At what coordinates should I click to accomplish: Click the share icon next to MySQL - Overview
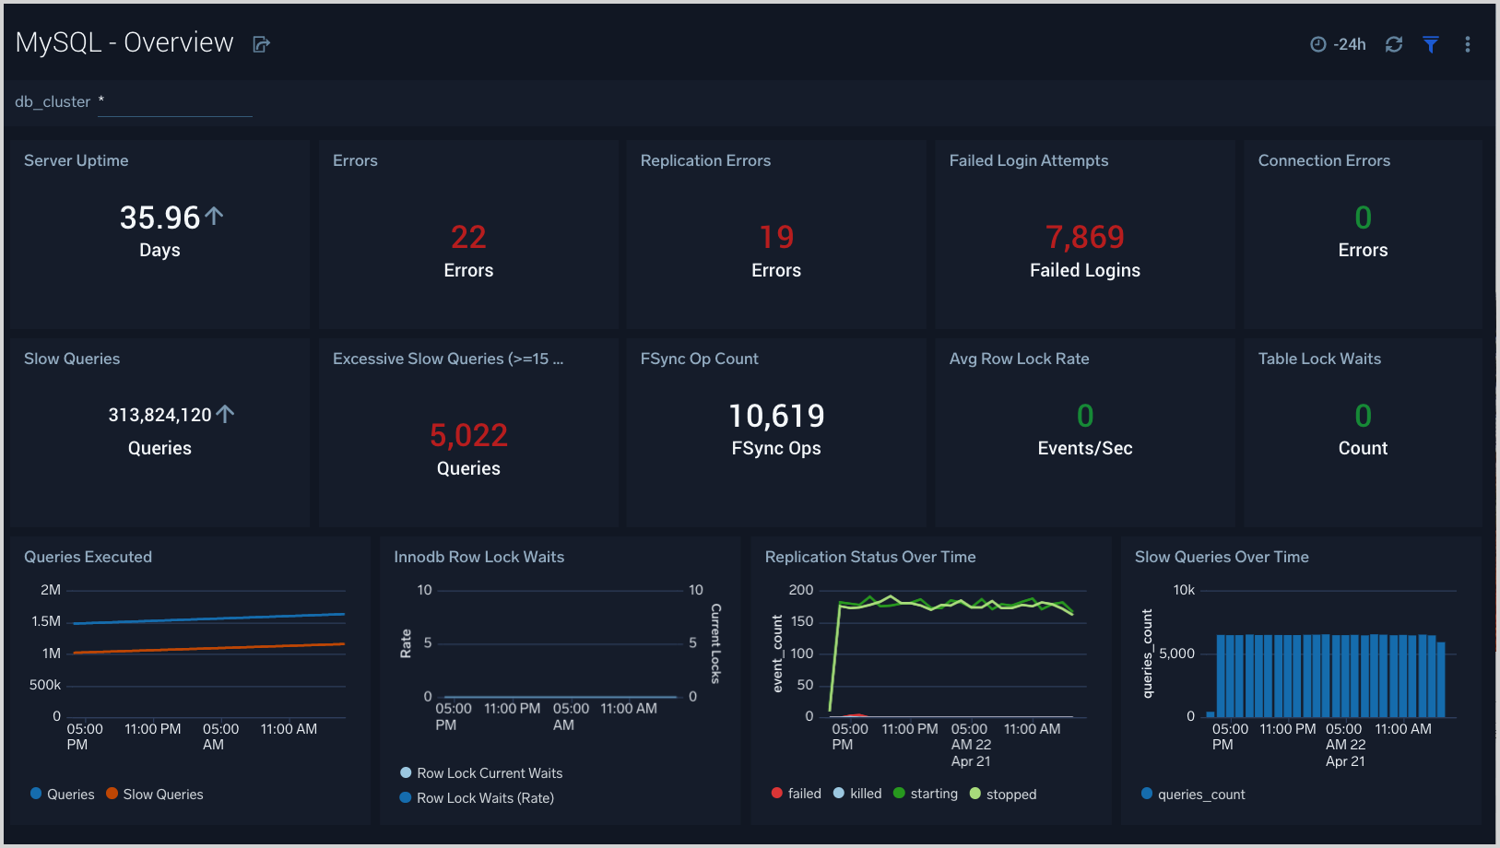click(x=261, y=44)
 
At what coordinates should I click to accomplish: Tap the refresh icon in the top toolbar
click(x=1393, y=44)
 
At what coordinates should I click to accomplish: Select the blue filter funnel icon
click(x=1430, y=44)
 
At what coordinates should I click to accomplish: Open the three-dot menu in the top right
click(x=1467, y=44)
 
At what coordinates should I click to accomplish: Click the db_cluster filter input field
click(x=175, y=102)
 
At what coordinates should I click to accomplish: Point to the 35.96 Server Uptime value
click(x=159, y=218)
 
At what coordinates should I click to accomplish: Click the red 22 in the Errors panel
click(x=468, y=238)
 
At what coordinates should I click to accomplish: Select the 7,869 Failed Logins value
click(x=1084, y=238)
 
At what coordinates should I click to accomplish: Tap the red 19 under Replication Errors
click(x=776, y=238)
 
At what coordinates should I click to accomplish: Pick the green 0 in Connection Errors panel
click(x=1363, y=218)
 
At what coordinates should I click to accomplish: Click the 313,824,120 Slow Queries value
click(x=160, y=415)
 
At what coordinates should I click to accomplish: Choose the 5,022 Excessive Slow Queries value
click(x=468, y=435)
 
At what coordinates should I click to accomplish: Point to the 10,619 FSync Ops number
click(x=776, y=416)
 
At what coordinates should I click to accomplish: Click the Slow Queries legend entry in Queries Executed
click(x=162, y=795)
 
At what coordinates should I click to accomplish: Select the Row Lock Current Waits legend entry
click(x=489, y=773)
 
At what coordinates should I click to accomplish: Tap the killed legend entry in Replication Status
click(x=865, y=794)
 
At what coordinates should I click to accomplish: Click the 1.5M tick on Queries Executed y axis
click(x=46, y=621)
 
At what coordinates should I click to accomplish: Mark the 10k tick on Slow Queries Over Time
click(x=1183, y=590)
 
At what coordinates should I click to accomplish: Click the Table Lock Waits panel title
click(x=1319, y=359)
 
